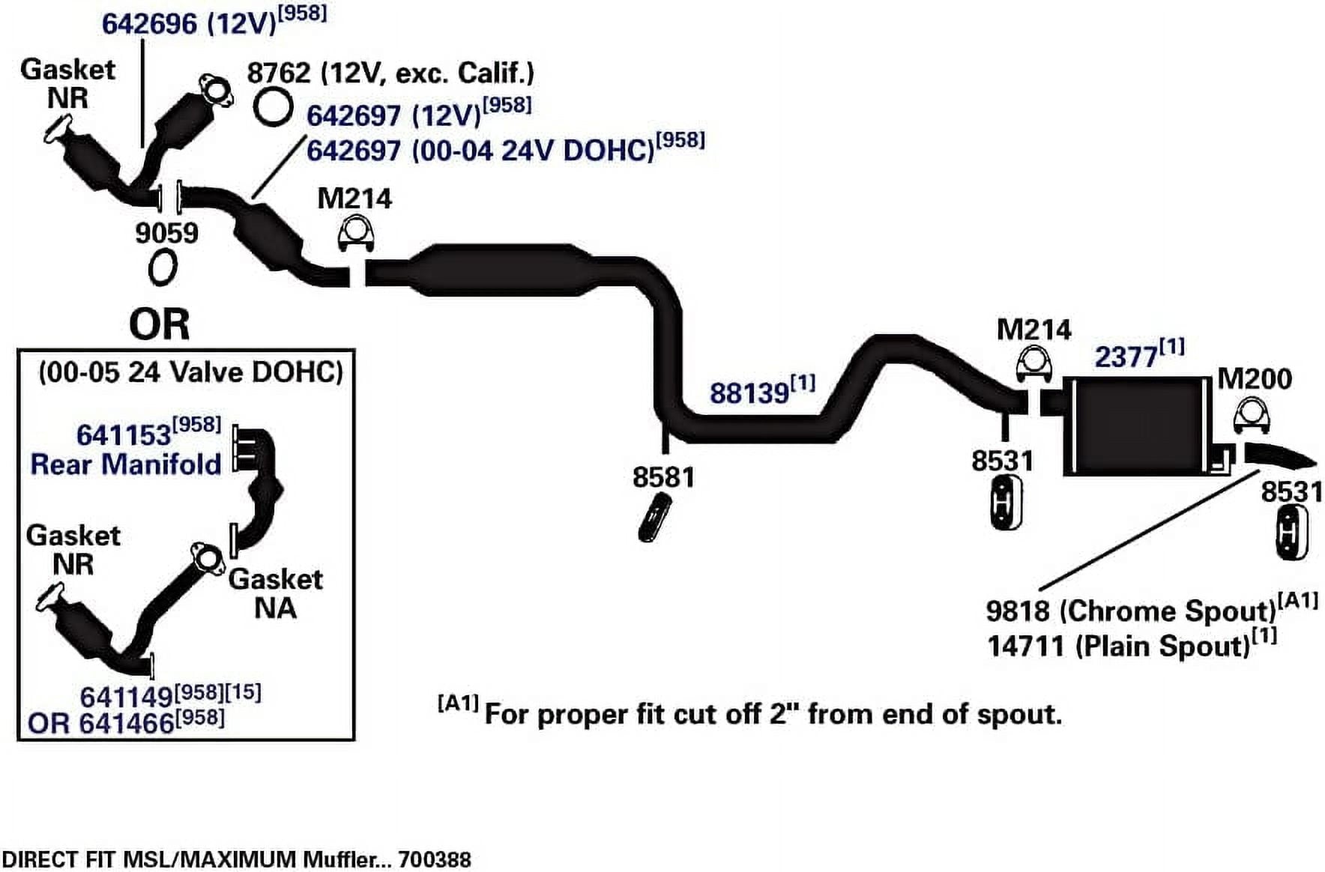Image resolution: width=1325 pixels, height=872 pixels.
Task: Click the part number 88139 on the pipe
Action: (749, 393)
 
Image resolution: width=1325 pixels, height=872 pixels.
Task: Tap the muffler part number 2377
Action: (1126, 357)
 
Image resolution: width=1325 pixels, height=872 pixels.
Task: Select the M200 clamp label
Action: (1254, 378)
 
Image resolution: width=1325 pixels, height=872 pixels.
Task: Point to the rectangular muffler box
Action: (1136, 426)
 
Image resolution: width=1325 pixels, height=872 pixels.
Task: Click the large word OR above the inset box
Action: (159, 324)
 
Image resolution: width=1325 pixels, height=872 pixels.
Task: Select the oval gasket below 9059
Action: (162, 267)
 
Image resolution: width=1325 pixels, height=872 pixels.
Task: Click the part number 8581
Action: (663, 477)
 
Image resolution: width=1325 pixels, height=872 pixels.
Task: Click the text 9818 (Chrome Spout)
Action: (1130, 611)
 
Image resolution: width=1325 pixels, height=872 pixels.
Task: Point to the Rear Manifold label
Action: (125, 464)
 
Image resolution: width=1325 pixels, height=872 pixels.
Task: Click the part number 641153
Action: (124, 435)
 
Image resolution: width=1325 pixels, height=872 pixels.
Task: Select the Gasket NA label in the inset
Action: (275, 593)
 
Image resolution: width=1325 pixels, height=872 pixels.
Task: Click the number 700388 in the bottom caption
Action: (434, 859)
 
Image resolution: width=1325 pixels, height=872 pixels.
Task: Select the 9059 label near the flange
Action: (166, 233)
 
